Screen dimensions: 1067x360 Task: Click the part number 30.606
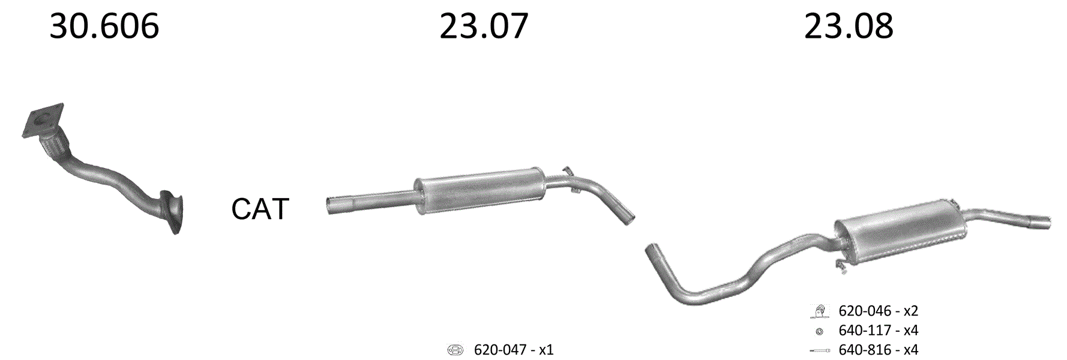click(x=104, y=26)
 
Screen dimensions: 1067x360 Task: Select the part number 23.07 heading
click(x=484, y=26)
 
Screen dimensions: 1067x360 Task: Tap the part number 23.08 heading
click(x=849, y=26)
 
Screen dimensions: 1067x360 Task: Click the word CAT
click(x=260, y=209)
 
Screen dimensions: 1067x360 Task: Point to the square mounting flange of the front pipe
click(x=43, y=121)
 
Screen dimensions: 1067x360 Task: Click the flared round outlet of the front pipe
click(x=173, y=212)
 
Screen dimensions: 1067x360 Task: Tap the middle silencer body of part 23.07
click(x=479, y=188)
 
